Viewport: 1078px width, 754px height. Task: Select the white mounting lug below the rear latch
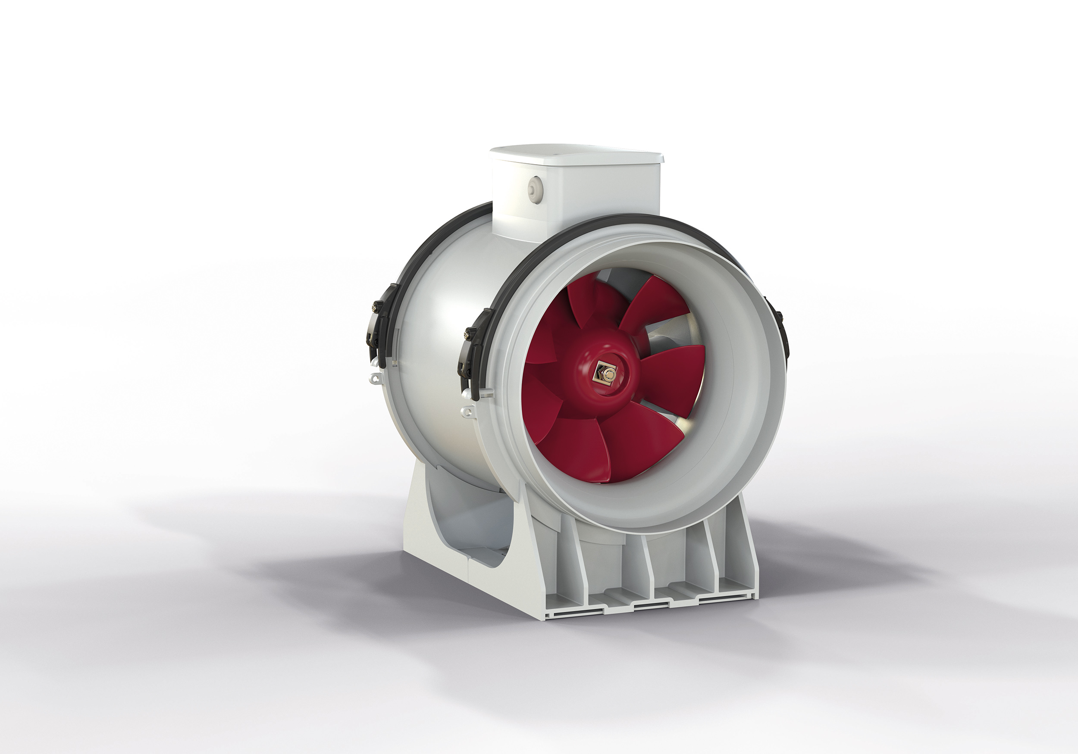click(x=374, y=377)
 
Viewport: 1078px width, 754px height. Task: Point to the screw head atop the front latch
click(x=467, y=334)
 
